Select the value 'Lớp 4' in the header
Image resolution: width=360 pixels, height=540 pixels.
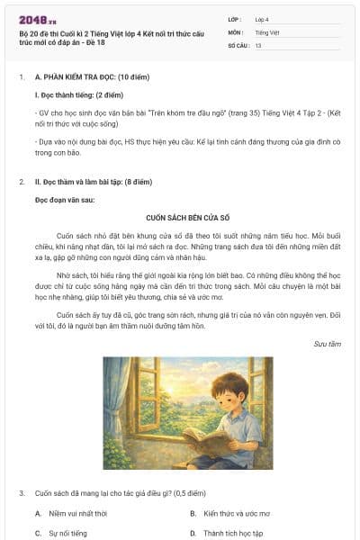263,18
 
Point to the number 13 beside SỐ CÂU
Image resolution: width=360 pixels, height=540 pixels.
259,44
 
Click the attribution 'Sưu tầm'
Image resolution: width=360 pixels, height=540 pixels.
327,344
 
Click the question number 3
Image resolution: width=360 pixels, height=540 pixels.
22,493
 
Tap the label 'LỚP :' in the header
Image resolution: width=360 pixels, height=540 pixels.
234,18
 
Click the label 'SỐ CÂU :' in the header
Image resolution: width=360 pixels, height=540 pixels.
238,44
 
